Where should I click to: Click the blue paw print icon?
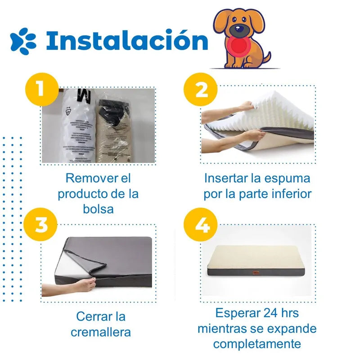point(23,41)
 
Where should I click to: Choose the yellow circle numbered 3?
point(41,225)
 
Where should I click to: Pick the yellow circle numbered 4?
point(201,225)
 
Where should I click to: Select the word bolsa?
point(99,209)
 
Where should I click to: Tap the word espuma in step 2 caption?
point(288,178)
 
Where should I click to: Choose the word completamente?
point(257,344)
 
